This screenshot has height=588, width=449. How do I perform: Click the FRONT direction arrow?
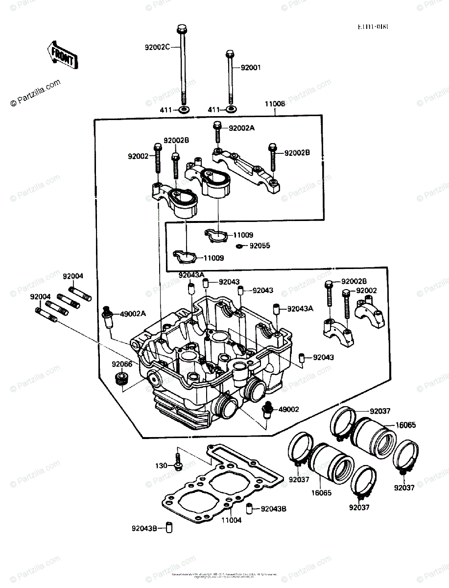click(61, 55)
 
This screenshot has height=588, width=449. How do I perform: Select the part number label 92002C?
click(157, 48)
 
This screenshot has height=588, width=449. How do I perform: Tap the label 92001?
click(250, 67)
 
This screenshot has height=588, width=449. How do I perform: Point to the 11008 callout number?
click(275, 104)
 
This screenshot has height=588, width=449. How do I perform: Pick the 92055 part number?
click(260, 245)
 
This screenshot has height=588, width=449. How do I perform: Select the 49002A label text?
click(133, 313)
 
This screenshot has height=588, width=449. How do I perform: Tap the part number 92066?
click(121, 364)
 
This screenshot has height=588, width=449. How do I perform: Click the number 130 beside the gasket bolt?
click(162, 465)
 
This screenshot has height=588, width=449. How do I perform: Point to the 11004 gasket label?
click(232, 520)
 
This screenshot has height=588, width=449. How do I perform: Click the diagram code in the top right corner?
click(373, 27)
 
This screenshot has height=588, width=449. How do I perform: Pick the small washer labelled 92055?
click(239, 246)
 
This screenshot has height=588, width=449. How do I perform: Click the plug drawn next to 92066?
click(120, 379)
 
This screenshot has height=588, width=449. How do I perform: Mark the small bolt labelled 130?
click(177, 462)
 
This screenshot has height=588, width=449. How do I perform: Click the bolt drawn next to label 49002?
click(268, 410)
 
